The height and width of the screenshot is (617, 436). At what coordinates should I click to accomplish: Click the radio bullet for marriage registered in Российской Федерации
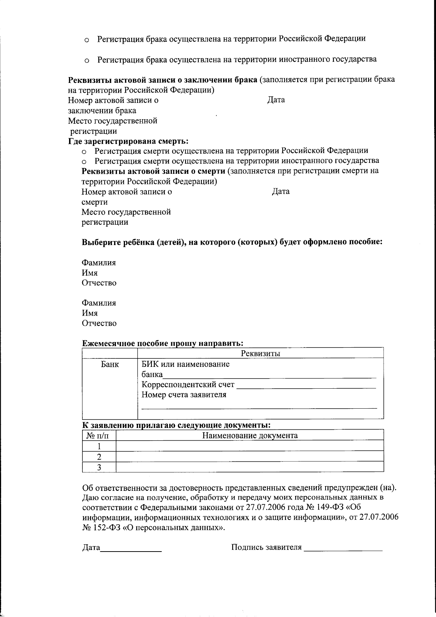coord(87,40)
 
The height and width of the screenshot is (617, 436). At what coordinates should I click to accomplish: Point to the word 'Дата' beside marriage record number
coord(276,100)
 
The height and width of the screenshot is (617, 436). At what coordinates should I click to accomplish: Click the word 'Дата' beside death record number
coord(280,192)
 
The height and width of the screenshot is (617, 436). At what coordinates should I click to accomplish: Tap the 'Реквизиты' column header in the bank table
coord(261,353)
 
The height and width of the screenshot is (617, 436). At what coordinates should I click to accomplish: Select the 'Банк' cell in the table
coord(110,364)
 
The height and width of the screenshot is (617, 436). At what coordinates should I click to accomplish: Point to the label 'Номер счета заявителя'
coord(183,395)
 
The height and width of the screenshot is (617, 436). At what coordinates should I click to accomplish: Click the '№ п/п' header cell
coord(99,436)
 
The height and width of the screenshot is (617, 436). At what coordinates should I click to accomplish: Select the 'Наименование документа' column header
coord(250,436)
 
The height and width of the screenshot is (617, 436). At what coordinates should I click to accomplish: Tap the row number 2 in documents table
coord(99,457)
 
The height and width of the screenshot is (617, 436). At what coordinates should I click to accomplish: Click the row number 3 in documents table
coord(99,467)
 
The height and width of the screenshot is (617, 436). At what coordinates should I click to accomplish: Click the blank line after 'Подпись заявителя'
coord(343,550)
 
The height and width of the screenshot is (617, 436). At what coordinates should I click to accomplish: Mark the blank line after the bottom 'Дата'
coord(131,550)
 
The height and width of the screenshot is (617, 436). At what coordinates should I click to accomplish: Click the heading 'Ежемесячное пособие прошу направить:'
coord(162,343)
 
